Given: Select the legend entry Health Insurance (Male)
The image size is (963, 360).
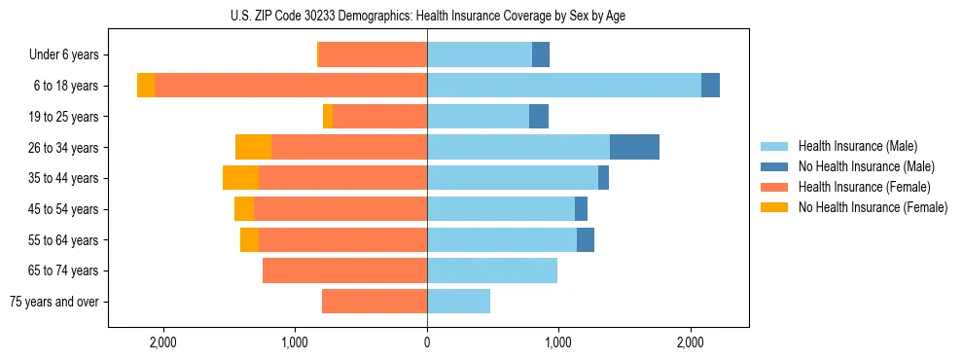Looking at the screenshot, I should pyautogui.click(x=856, y=146).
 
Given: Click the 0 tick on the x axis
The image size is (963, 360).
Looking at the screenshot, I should pyautogui.click(x=427, y=342).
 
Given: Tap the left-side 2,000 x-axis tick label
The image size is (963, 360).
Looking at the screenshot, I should pyautogui.click(x=162, y=342).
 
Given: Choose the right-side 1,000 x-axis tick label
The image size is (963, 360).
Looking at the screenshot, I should pyautogui.click(x=558, y=342).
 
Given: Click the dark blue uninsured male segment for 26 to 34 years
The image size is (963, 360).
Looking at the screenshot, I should pyautogui.click(x=634, y=147).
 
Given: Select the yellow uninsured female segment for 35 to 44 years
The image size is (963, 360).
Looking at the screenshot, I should pyautogui.click(x=240, y=178).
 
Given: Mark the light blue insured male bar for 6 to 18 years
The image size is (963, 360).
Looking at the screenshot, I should pyautogui.click(x=564, y=86).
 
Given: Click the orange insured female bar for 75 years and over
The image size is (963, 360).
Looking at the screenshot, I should pyautogui.click(x=374, y=302).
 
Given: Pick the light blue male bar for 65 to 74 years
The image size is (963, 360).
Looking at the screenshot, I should pyautogui.click(x=492, y=270).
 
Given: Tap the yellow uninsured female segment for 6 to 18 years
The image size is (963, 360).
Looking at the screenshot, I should pyautogui.click(x=146, y=86).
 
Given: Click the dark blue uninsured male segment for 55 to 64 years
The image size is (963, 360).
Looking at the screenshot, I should pyautogui.click(x=586, y=239).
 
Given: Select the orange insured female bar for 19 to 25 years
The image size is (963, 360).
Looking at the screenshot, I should pyautogui.click(x=379, y=117).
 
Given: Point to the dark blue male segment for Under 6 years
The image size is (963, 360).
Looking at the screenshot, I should pyautogui.click(x=541, y=55).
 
